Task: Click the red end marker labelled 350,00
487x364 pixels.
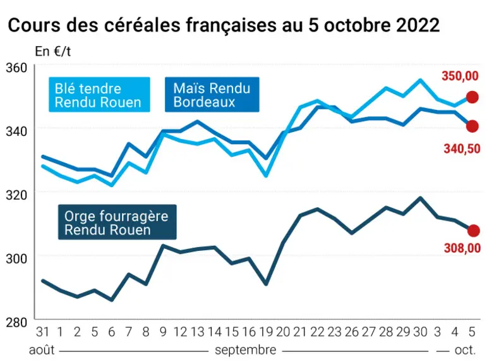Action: (472, 97)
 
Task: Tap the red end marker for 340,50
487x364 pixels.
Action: (472, 126)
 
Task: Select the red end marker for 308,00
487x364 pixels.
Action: (474, 231)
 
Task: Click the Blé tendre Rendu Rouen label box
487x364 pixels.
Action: (99, 95)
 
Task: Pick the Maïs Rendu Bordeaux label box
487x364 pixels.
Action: (212, 95)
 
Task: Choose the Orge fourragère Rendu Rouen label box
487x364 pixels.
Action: (117, 222)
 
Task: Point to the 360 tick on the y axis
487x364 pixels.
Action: (16, 68)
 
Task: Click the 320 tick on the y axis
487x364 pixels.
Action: (16, 195)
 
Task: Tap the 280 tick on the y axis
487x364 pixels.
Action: (16, 322)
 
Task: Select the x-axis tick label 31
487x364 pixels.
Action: (42, 332)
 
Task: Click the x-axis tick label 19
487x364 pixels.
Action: (266, 332)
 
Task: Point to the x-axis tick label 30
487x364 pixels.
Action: (420, 332)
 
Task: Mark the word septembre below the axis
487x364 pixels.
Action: (245, 350)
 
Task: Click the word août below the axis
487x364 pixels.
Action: (42, 350)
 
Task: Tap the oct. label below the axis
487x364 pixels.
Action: (466, 350)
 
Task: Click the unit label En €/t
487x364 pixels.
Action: (53, 52)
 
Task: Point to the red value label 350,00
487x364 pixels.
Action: (460, 76)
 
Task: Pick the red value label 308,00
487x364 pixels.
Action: (462, 248)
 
